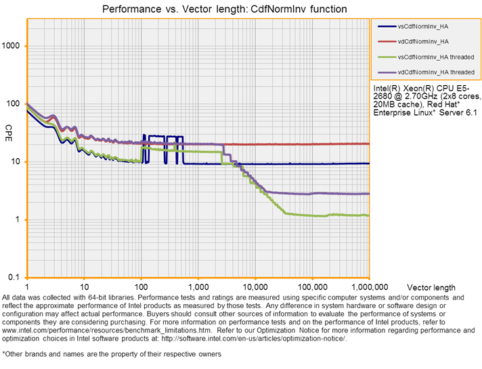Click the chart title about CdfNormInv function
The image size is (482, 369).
pos(224,9)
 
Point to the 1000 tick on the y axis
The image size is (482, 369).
pos(12,46)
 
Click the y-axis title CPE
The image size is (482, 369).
pos(9,129)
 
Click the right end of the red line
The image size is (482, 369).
pos(369,144)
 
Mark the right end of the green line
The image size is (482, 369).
pos(369,216)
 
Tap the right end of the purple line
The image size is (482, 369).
pos(369,194)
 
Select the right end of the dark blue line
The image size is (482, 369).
pos(369,164)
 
